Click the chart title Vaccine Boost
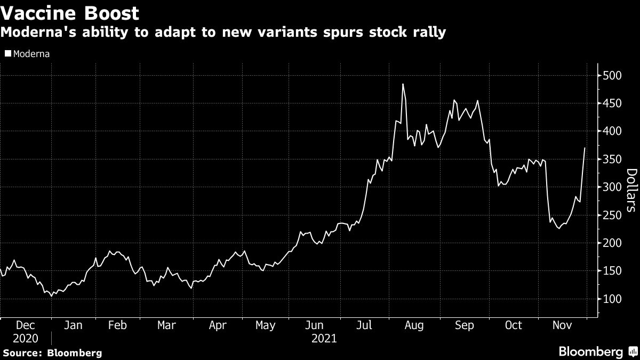70,13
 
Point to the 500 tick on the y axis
609,75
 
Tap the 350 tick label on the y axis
609,159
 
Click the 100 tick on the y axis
609,299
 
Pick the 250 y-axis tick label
609,215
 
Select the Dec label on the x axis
26,325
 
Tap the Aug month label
414,325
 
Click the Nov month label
562,325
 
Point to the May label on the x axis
266,325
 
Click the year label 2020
26,338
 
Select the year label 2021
323,338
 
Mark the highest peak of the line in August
403,84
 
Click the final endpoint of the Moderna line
585,148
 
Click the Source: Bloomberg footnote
52,353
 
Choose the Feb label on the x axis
117,325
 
